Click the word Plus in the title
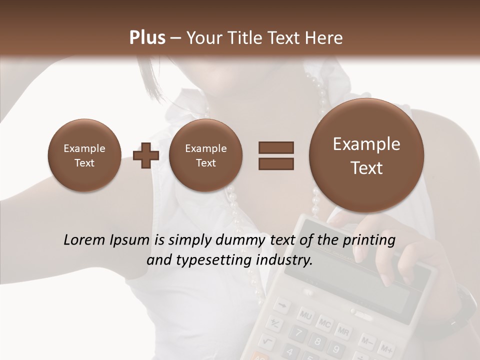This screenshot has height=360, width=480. coord(147,37)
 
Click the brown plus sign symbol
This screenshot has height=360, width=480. coord(146,155)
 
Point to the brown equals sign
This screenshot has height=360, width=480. coord(276,155)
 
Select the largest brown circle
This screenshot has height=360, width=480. coord(366,155)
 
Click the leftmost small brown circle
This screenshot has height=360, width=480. coord(84,155)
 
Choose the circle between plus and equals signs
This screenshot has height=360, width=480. coord(205,155)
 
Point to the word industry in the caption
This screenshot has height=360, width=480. coord(283,260)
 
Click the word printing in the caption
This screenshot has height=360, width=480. coord(369,240)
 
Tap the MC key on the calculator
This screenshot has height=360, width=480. coord(325,323)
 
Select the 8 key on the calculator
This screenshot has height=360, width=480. coord(317,342)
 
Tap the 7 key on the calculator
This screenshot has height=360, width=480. coord(298,333)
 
